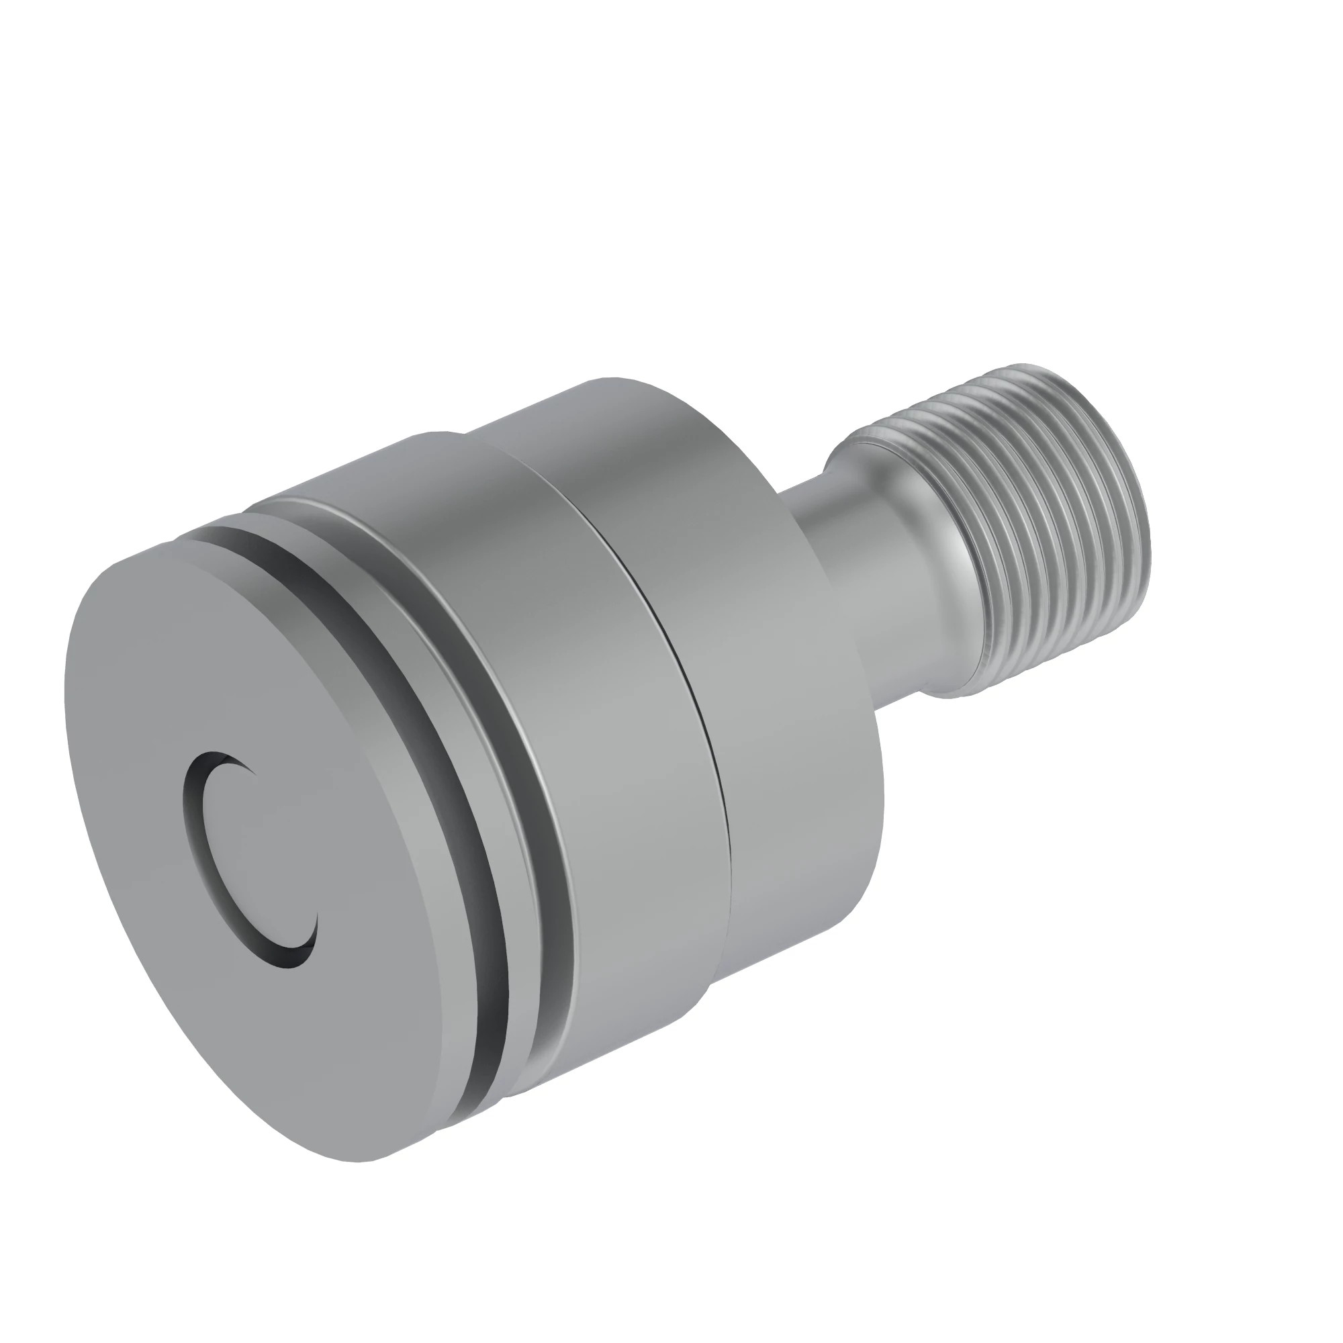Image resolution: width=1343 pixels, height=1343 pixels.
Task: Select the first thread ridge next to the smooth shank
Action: click(x=973, y=556)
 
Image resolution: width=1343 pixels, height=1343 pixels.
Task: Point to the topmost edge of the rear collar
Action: click(x=612, y=381)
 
